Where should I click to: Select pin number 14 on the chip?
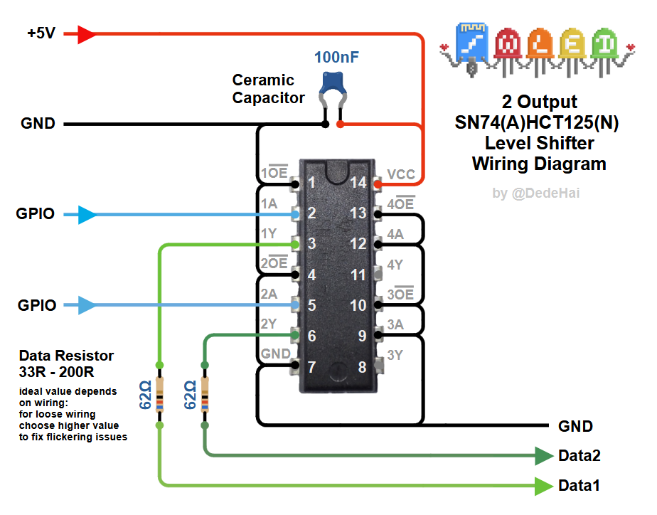pyautogui.click(x=358, y=183)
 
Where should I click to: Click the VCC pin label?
pyautogui.click(x=401, y=174)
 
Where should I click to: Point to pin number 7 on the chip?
pyautogui.click(x=311, y=368)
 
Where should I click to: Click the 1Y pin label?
pyautogui.click(x=269, y=234)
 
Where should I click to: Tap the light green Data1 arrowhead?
pyautogui.click(x=544, y=487)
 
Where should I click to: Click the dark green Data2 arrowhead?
pyautogui.click(x=544, y=456)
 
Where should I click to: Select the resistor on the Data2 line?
pyautogui.click(x=205, y=394)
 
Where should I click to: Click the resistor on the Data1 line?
pyautogui.click(x=159, y=394)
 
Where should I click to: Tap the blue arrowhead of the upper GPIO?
pyautogui.click(x=87, y=214)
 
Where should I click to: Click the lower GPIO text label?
pyautogui.click(x=36, y=306)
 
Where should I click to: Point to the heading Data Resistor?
pyautogui.click(x=66, y=356)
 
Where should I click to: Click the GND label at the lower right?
pyautogui.click(x=575, y=427)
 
